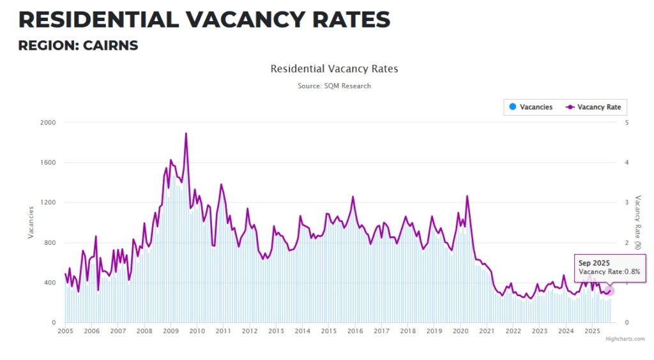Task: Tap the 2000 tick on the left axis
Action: tap(48, 123)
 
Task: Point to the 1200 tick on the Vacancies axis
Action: tap(48, 202)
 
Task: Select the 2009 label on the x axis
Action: tap(171, 331)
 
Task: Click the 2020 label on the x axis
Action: tap(460, 331)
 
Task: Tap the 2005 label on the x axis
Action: tap(65, 331)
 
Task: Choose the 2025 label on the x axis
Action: tap(591, 331)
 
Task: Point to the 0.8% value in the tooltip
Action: tap(632, 272)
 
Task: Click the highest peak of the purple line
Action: tap(186, 133)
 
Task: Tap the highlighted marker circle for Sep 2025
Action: tap(609, 291)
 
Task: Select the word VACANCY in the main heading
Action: tap(246, 20)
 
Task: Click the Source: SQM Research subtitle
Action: tap(334, 86)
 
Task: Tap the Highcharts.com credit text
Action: tap(625, 339)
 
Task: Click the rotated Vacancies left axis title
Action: tap(31, 223)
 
